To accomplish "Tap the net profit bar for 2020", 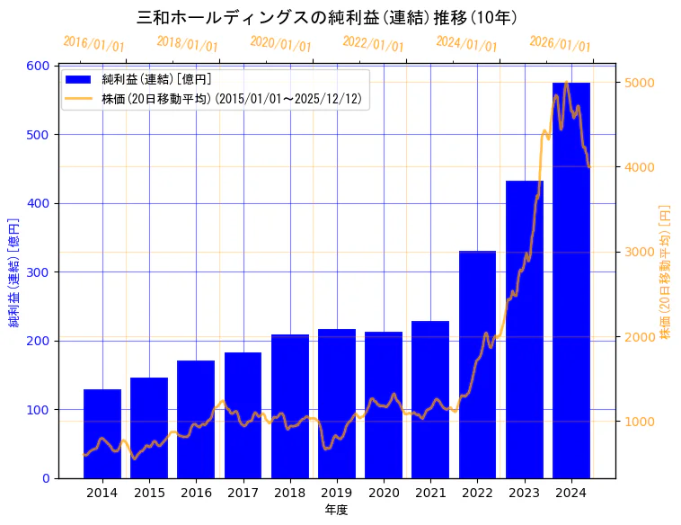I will tap(384, 405).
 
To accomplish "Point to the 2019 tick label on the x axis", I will tap(337, 493).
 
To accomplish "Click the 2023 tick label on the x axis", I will tap(525, 493).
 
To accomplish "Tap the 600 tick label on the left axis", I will tap(37, 66).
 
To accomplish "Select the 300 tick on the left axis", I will tap(37, 272).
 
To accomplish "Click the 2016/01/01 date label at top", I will tap(94, 44).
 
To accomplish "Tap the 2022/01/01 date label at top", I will tap(373, 44).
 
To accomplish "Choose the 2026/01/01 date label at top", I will tap(560, 44).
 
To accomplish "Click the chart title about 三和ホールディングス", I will tap(327, 17).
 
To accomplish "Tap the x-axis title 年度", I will tap(337, 510).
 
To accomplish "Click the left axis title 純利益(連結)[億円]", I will tap(14, 272).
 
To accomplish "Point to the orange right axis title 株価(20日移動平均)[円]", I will tap(666, 272).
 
